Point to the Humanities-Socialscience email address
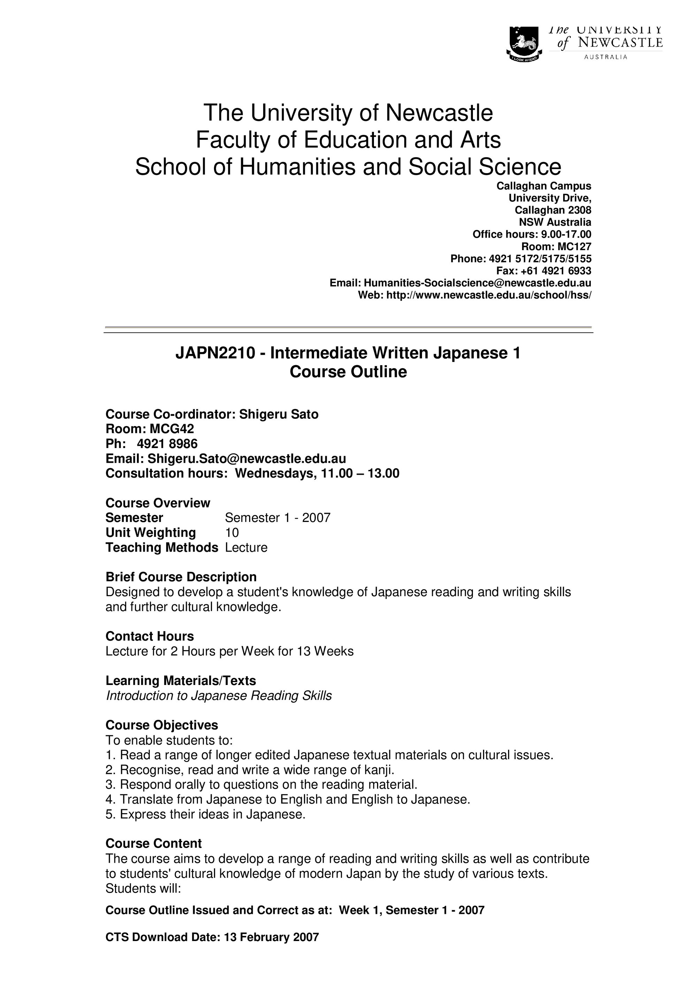pyautogui.click(x=477, y=283)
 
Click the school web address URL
pyautogui.click(x=489, y=295)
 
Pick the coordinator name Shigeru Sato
pyautogui.click(x=279, y=414)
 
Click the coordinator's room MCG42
pyautogui.click(x=172, y=429)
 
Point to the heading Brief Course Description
pyautogui.click(x=181, y=577)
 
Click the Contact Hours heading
pyautogui.click(x=150, y=636)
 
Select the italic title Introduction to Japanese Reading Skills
pyautogui.click(x=219, y=696)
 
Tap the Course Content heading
pyautogui.click(x=153, y=844)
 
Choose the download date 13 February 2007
pyautogui.click(x=271, y=937)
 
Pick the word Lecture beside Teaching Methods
pyautogui.click(x=246, y=548)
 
